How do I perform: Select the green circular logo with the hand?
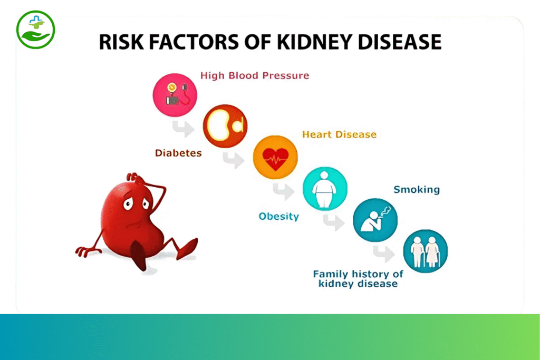tap(35, 30)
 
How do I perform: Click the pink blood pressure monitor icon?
tap(175, 95)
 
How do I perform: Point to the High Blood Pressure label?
tap(255, 76)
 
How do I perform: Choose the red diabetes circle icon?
tap(225, 126)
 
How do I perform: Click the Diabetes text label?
tap(178, 153)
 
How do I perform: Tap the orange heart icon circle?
tap(275, 157)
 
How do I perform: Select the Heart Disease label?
tap(339, 134)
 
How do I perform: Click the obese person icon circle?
tap(325, 189)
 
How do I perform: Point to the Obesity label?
tap(278, 217)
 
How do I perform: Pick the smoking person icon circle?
tap(375, 220)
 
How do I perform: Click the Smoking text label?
tap(417, 190)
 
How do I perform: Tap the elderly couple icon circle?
tap(426, 251)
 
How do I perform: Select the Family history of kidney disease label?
tap(358, 279)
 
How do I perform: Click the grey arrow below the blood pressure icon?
tap(183, 129)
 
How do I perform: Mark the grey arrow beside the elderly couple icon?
tap(384, 254)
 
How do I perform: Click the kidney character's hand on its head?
tap(133, 178)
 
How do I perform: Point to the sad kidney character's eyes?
tap(137, 203)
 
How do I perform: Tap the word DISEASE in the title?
tap(400, 42)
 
